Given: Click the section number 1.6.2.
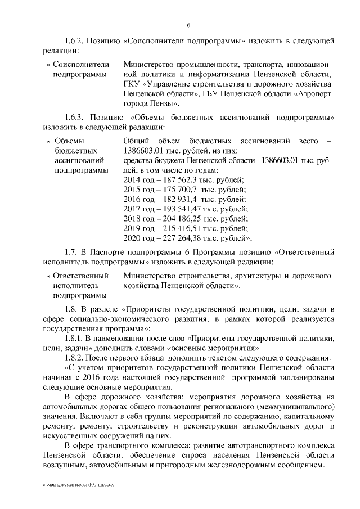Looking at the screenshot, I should pyautogui.click(x=75, y=41).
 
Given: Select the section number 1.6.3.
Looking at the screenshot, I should pyautogui.click(x=75, y=118).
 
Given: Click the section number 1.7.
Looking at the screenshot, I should pyautogui.click(x=71, y=258).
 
